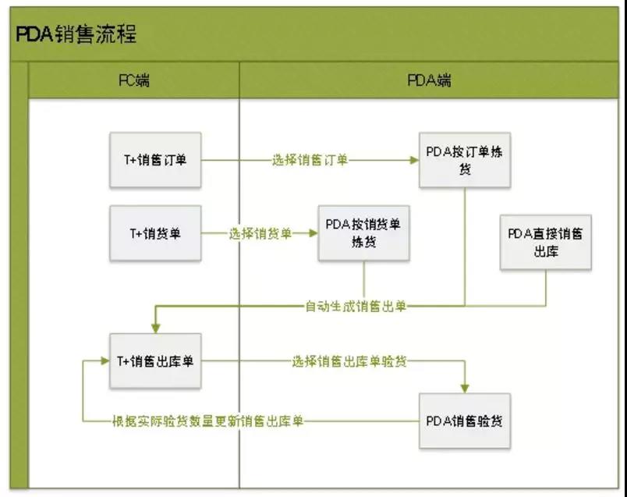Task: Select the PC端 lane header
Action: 133,80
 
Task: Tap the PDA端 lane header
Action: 429,80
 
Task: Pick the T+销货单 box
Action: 155,233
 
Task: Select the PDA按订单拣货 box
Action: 465,160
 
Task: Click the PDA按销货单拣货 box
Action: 363,233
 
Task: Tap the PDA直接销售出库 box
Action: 545,242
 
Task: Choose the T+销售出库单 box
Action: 155,360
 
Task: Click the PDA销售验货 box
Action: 465,421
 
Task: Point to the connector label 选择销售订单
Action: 310,160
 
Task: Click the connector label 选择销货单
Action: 260,233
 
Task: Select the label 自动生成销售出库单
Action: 356,306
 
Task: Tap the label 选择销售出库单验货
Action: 349,360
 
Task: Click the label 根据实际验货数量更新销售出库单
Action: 208,421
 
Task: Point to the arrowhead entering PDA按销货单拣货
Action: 313,233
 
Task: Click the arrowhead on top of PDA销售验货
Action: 466,388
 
